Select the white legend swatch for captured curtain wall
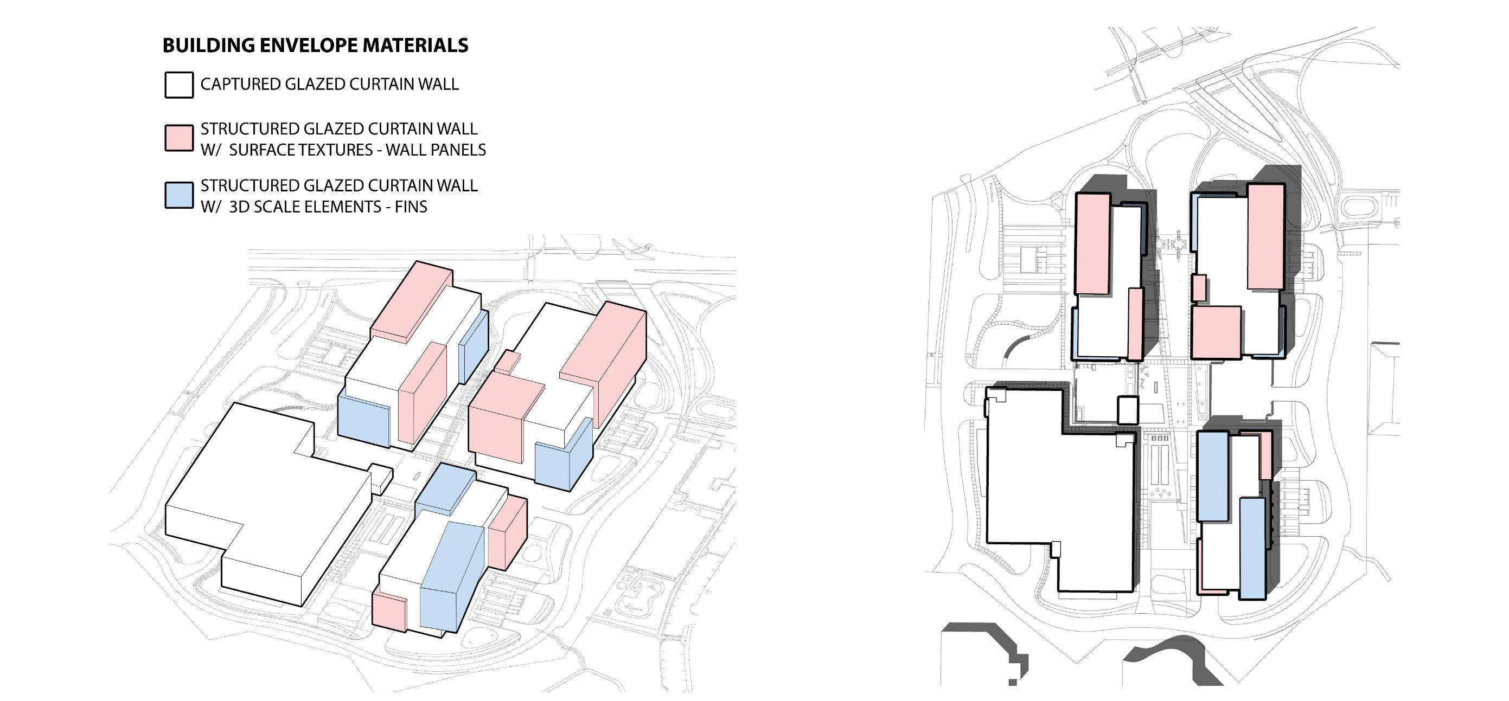pos(178,85)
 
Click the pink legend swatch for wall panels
pos(178,138)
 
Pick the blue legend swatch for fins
pos(178,196)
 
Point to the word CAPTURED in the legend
pos(240,85)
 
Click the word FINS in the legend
pos(411,207)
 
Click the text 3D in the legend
pos(239,207)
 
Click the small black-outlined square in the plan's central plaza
pos(1127,410)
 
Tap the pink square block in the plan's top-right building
pos(1216,332)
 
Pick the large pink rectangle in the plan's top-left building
pos(1093,243)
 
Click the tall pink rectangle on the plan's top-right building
pos(1266,236)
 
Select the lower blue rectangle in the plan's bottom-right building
pos(1252,548)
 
